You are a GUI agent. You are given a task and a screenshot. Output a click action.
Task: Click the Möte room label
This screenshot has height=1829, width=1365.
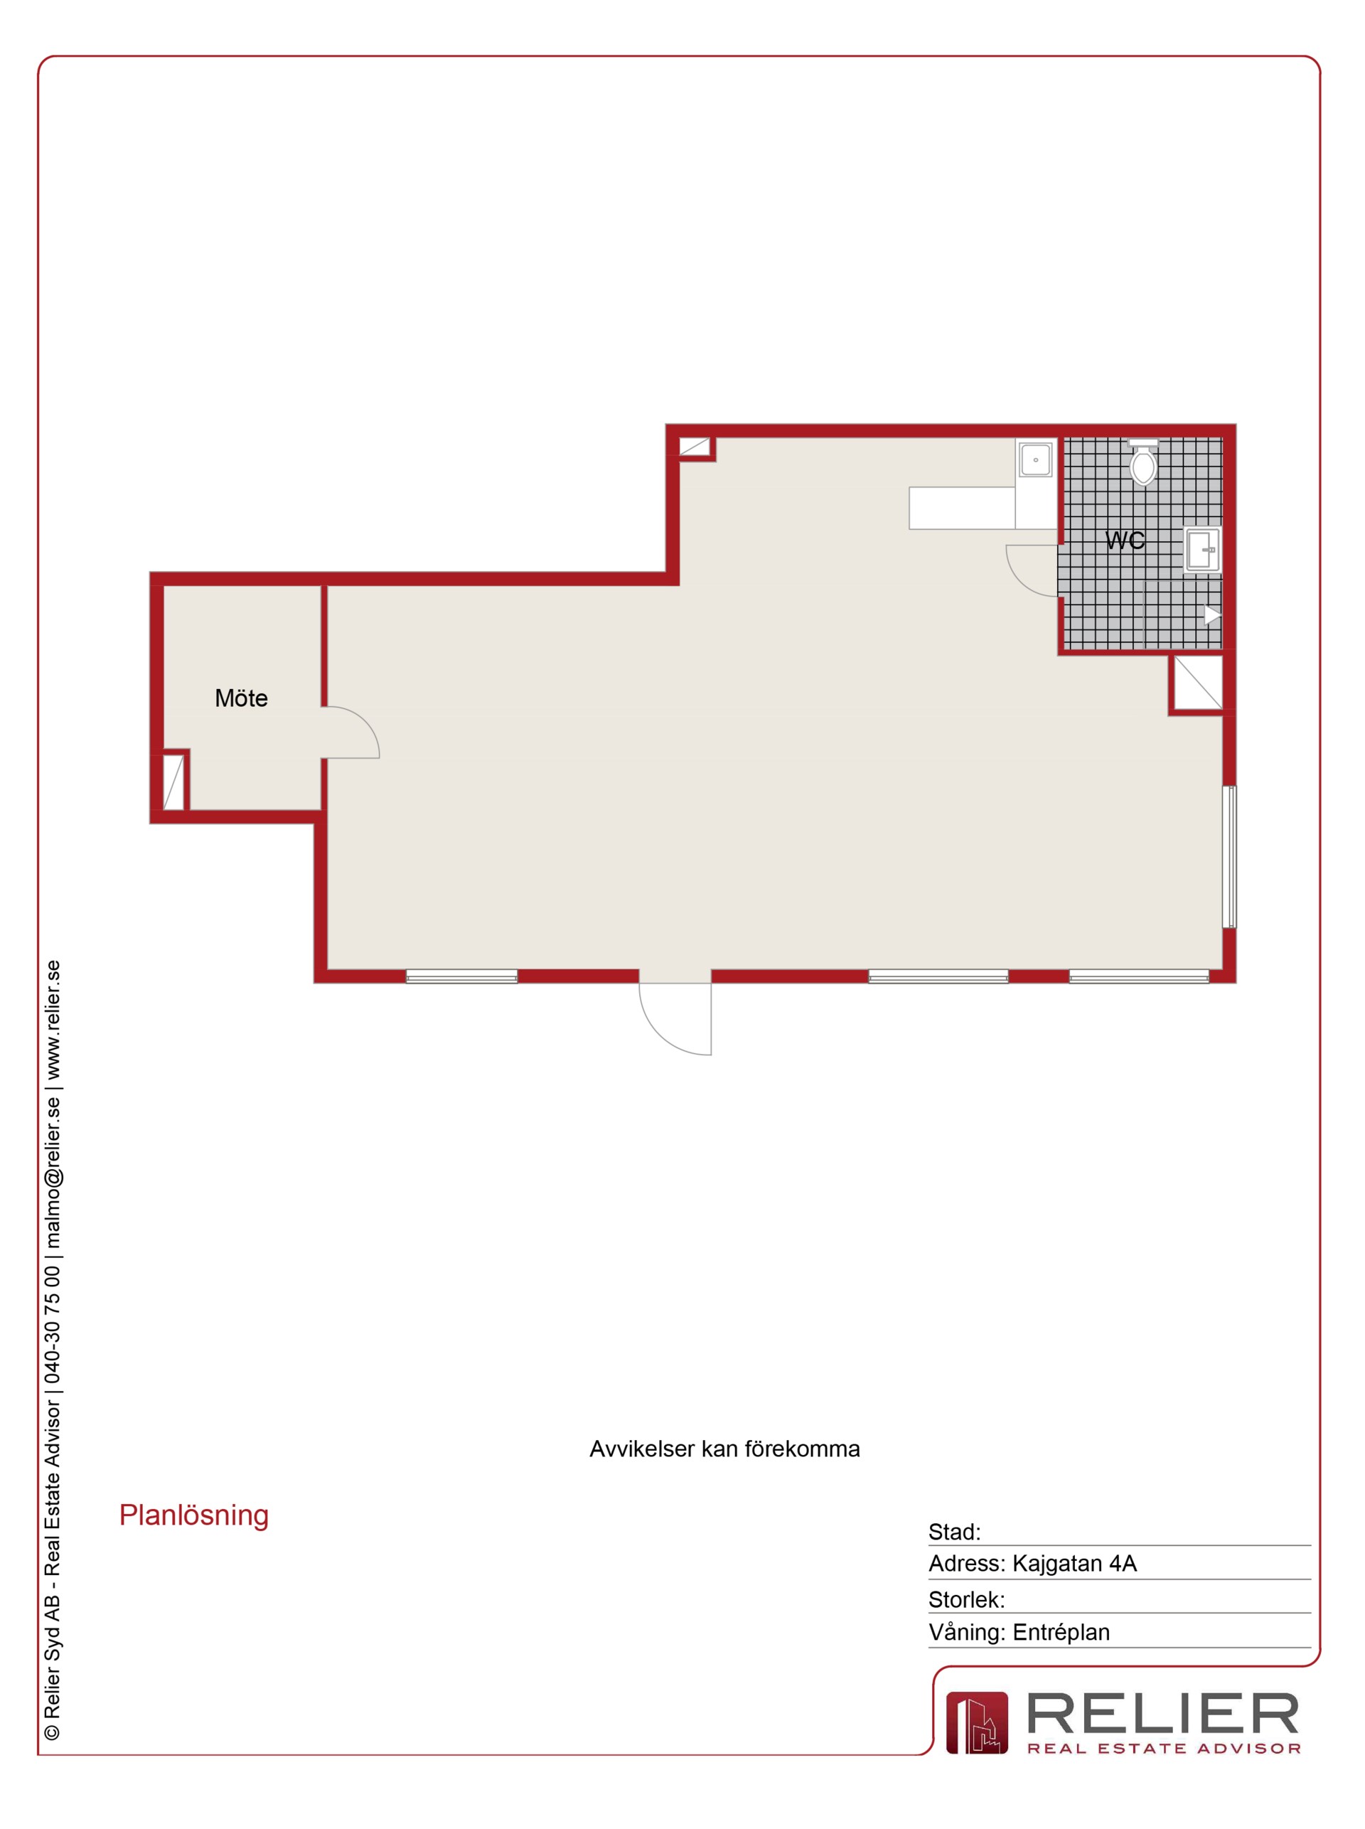click(x=241, y=698)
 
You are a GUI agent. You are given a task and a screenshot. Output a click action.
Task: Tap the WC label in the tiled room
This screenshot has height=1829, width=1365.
click(x=1125, y=540)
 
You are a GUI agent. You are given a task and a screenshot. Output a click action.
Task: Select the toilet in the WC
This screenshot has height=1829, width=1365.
click(x=1144, y=462)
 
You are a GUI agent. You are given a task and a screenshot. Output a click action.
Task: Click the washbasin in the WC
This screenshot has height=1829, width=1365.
click(x=1202, y=550)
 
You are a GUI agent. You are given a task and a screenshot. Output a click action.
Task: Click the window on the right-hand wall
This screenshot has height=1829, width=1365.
click(x=1229, y=856)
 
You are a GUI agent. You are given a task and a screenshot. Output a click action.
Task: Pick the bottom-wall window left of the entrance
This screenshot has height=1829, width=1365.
click(x=462, y=976)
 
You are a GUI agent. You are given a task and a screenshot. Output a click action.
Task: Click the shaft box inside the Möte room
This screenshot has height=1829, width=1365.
click(x=173, y=781)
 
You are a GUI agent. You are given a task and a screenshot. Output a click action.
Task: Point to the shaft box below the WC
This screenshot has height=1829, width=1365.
click(x=1197, y=682)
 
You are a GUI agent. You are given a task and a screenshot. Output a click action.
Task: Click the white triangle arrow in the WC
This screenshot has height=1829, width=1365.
click(x=1212, y=615)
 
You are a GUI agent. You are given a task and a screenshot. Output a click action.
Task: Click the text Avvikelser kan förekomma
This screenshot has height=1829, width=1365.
click(x=724, y=1449)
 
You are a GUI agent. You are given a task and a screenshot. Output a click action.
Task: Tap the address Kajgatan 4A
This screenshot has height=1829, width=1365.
click(x=1075, y=1564)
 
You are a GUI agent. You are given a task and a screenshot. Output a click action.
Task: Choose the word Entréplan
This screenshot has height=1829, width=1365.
click(x=1061, y=1632)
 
